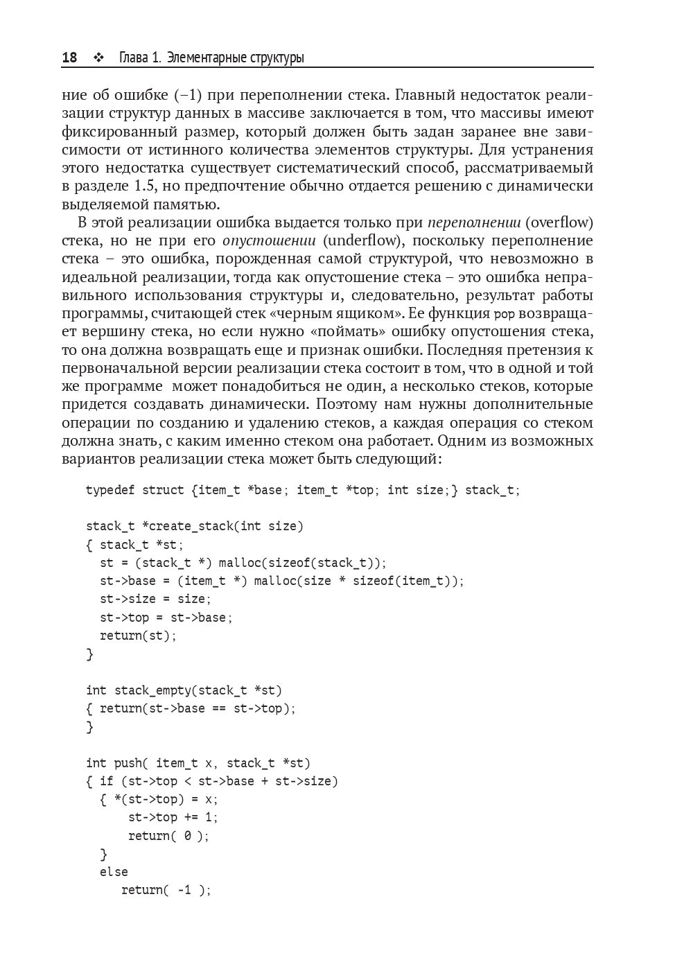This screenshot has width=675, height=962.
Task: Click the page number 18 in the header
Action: pos(69,58)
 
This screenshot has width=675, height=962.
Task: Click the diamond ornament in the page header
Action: pos(98,58)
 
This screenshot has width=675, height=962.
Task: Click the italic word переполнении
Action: pos(474,222)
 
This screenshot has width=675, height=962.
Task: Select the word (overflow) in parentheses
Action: pos(559,222)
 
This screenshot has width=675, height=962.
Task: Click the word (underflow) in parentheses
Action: pos(361,240)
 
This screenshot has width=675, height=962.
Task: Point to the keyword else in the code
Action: pos(114,872)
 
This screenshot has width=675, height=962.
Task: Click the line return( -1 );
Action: pos(166,890)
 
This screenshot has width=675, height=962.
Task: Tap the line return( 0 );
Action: pos(168,836)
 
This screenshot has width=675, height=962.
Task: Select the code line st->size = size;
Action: pos(155,599)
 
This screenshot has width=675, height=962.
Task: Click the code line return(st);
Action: pos(138,636)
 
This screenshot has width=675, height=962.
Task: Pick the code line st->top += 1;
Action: pos(173,817)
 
